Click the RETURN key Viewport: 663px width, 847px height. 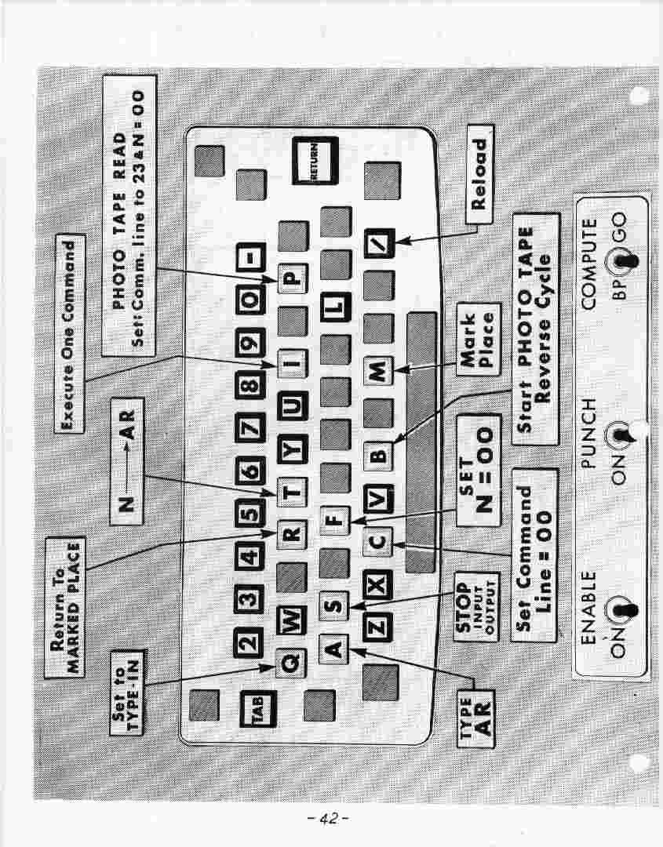[x=315, y=160]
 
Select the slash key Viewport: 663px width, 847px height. [x=379, y=243]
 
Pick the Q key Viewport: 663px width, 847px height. [x=291, y=663]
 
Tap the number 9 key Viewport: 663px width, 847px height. [x=250, y=343]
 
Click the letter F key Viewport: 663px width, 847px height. [x=334, y=521]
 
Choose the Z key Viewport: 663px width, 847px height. [x=377, y=627]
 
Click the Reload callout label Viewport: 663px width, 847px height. [x=479, y=174]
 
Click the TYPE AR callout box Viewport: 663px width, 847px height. [x=475, y=718]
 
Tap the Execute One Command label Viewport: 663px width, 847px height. [x=70, y=333]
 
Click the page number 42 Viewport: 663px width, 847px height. [x=328, y=818]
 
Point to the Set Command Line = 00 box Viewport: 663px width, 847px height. [x=534, y=555]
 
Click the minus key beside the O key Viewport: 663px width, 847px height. [x=251, y=257]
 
